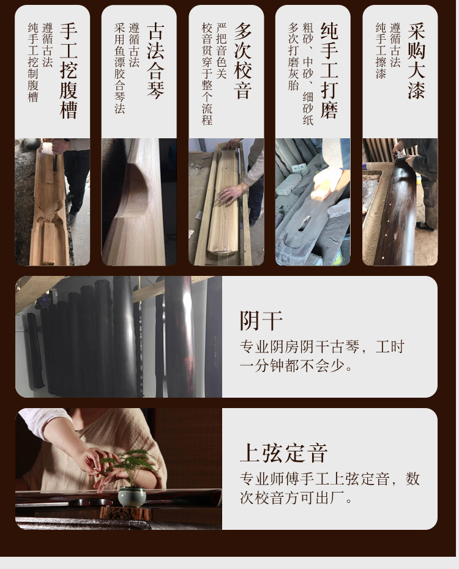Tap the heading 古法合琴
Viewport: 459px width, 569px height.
point(155,61)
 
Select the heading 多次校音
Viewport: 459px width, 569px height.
point(243,61)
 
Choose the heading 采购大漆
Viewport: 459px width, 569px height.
point(417,61)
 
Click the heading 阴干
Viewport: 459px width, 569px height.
point(261,321)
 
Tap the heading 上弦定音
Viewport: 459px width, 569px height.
point(283,453)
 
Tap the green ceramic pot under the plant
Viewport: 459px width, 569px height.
point(132,496)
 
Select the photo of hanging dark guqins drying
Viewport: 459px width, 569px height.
point(119,337)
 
